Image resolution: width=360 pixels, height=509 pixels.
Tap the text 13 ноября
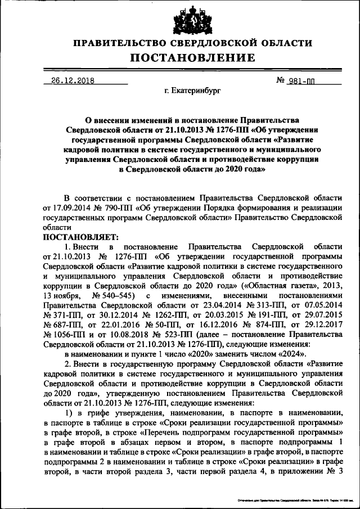coord(63,295)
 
